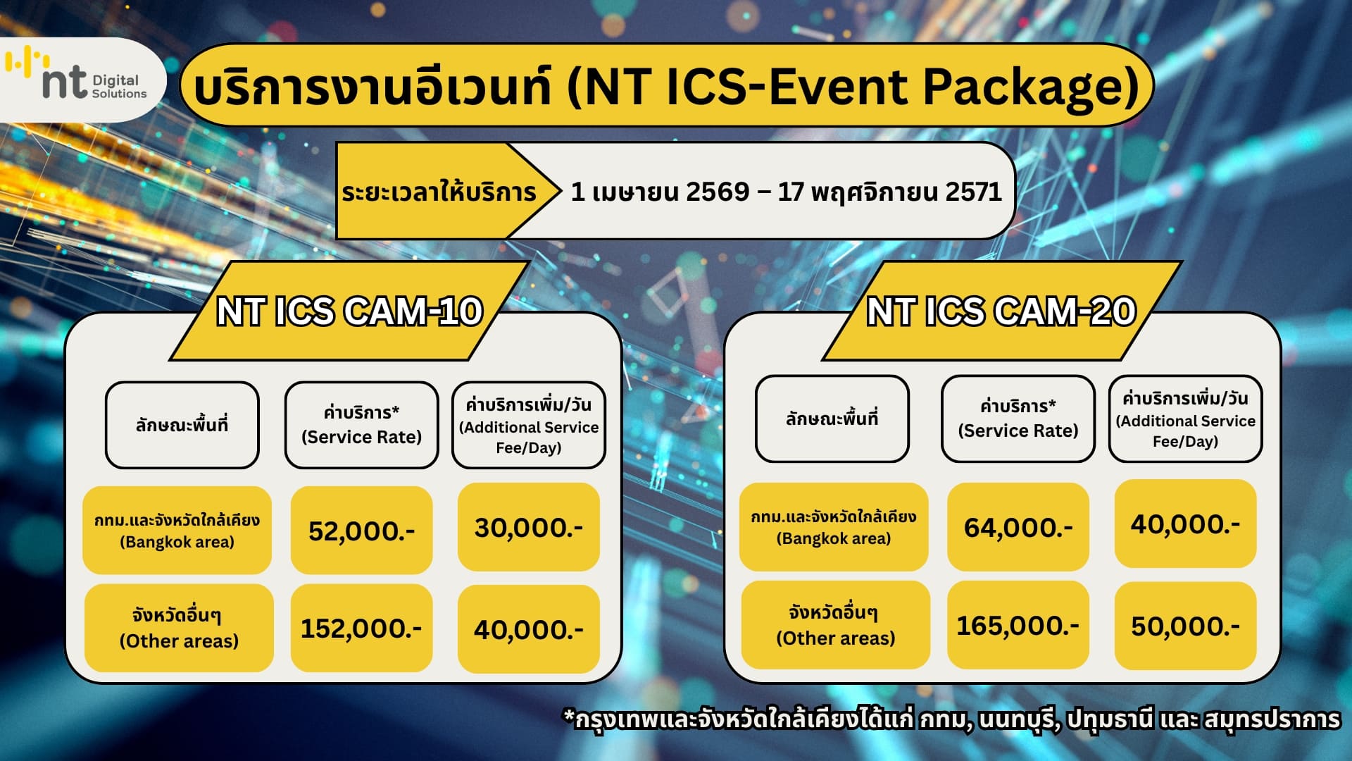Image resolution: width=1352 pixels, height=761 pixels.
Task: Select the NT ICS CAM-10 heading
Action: point(349,311)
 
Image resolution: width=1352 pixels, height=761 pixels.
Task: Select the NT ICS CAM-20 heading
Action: point(1001,311)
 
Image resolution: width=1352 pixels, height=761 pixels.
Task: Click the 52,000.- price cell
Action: point(361,531)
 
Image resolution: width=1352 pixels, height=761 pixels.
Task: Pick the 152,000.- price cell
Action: point(361,628)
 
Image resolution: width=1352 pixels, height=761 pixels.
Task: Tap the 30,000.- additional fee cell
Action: point(528,527)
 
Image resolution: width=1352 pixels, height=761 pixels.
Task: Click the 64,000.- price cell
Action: point(1018,527)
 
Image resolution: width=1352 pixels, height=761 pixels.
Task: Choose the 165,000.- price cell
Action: point(1018,625)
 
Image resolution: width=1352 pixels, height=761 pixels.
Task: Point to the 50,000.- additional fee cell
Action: point(1185,626)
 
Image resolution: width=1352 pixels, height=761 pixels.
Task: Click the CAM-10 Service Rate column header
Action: point(361,425)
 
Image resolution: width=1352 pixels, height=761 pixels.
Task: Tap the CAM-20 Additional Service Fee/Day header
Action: point(1185,419)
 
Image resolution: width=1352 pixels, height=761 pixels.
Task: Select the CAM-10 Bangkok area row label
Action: point(177,531)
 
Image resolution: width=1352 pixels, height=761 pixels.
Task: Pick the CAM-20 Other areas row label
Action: point(835,625)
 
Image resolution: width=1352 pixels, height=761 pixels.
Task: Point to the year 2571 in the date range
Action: point(973,192)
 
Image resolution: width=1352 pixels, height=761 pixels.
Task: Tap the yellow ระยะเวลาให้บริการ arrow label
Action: point(439,192)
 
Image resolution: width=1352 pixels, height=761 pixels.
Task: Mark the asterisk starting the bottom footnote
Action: point(569,717)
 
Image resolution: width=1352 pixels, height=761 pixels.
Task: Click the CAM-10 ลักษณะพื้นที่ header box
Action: point(182,425)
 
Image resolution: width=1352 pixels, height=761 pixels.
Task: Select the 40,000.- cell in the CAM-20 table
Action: point(1185,524)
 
